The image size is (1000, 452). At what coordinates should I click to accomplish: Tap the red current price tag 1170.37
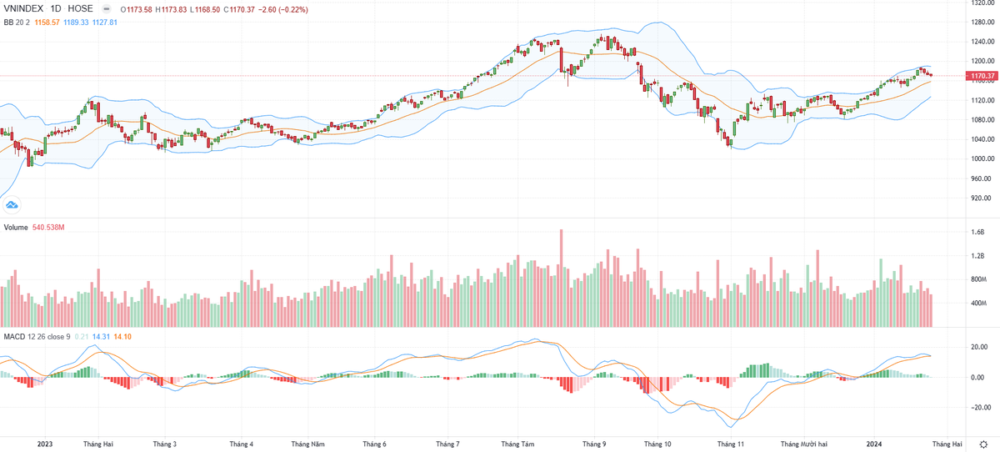980,76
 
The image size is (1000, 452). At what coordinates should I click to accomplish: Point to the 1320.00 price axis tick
980,3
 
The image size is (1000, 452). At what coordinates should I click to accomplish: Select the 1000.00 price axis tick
980,159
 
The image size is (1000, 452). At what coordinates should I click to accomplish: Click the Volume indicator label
17,227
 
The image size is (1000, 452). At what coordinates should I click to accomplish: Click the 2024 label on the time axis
874,444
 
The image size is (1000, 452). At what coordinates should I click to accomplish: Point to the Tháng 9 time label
594,444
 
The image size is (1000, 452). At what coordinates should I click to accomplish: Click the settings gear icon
984,444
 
